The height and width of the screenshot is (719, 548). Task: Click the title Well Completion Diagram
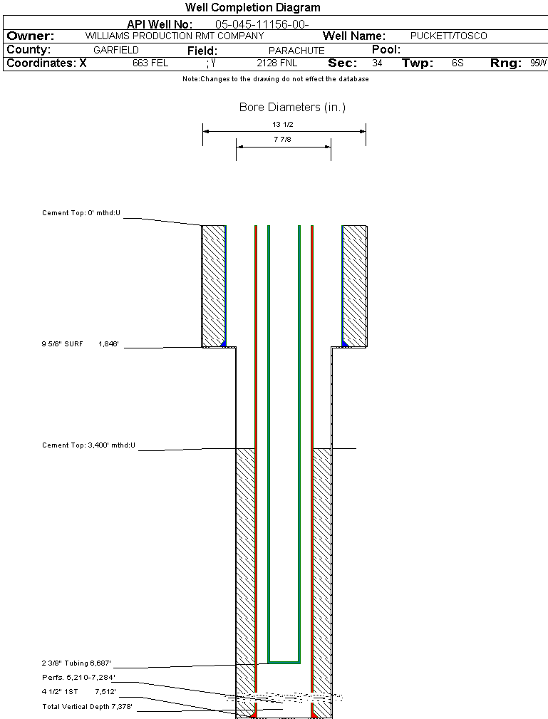pos(252,8)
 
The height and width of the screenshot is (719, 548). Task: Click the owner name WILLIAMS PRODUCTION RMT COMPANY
pos(174,36)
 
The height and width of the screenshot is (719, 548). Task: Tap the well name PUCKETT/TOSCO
pos(448,36)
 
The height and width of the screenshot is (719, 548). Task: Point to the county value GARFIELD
pos(116,51)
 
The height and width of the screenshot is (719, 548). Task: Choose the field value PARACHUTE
pos(296,51)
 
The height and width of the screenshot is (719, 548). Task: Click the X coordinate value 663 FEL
pos(150,63)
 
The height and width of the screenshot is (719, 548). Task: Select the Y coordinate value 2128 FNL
pos(276,63)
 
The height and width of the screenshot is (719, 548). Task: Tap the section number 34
pos(377,63)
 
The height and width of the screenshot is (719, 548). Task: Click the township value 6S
pos(457,63)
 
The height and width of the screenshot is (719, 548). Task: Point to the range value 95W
pos(538,63)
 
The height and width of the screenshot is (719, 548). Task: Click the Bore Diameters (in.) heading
pos(292,108)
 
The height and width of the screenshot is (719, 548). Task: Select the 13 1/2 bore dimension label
pos(284,124)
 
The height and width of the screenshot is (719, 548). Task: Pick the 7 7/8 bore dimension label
pos(284,140)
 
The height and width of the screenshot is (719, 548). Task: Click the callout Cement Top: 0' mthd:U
pos(82,213)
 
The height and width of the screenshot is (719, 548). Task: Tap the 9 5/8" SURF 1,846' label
pos(80,344)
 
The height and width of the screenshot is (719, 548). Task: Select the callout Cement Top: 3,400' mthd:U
pos(88,445)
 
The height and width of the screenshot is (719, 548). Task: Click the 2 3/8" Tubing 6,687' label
pos(78,663)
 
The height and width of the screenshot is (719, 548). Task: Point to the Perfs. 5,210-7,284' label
pos(78,677)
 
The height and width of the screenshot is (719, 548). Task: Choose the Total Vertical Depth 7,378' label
pos(88,707)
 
